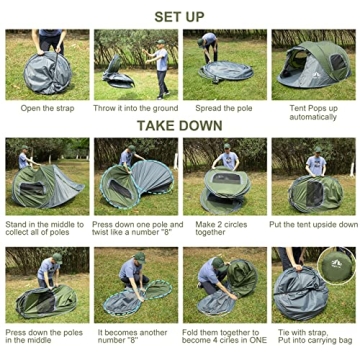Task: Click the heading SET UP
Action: pos(180,16)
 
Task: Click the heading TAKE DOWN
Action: pos(180,126)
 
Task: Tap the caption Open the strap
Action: pos(46,108)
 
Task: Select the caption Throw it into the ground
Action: pos(136,108)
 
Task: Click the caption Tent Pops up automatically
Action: pos(312,111)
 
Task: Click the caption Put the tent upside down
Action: pos(312,224)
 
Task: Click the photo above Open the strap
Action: pos(47,64)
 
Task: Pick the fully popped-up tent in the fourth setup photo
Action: pos(312,66)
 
